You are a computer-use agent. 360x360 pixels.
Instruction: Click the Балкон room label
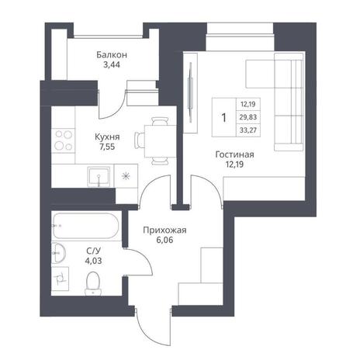[x=112, y=55]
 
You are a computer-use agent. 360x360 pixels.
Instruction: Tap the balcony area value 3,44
[x=112, y=64]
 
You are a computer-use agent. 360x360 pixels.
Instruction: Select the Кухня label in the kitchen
[x=107, y=137]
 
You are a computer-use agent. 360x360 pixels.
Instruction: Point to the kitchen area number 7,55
[x=107, y=147]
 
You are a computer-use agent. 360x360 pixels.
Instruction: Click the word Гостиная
[x=234, y=154]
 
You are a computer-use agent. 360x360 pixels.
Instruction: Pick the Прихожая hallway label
[x=164, y=230]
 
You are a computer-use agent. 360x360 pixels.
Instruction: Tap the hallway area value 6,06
[x=164, y=240]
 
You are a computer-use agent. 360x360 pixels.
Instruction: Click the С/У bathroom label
[x=93, y=251]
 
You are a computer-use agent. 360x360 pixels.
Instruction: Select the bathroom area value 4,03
[x=93, y=261]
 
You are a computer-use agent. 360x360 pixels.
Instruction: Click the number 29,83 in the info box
[x=248, y=117]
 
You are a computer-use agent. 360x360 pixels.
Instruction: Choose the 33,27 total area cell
[x=248, y=130]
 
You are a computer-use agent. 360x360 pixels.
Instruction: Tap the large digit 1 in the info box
[x=224, y=118]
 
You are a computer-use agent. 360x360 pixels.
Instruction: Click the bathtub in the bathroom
[x=85, y=226]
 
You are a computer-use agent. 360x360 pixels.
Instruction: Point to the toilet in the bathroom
[x=92, y=283]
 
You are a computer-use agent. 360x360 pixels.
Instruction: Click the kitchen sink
[x=99, y=177]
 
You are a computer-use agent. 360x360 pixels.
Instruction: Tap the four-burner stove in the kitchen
[x=63, y=141]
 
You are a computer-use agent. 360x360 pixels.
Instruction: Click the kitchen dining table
[x=161, y=141]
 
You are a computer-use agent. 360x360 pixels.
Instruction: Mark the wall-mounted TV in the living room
[x=191, y=92]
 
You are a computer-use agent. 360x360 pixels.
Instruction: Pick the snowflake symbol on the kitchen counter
[x=126, y=177]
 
